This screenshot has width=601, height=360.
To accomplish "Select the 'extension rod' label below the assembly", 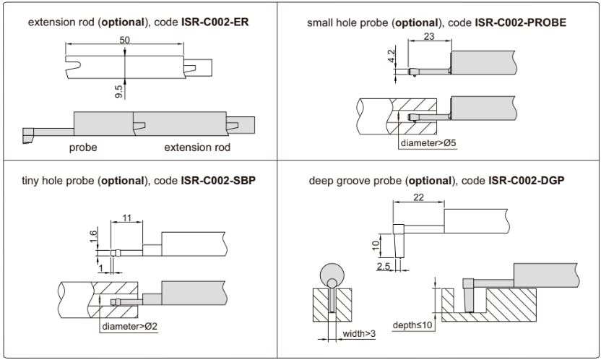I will coord(197,147).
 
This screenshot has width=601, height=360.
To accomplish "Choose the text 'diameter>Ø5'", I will coord(428,142).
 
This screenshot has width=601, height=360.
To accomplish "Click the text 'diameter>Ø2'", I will coord(130,326).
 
